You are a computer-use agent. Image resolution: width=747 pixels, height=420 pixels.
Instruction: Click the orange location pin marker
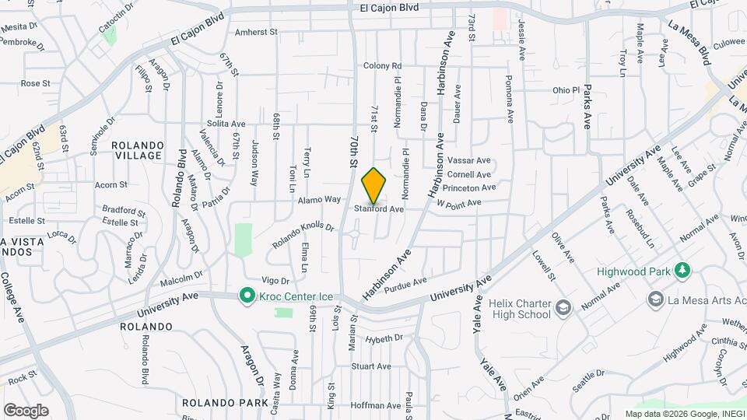click(x=374, y=185)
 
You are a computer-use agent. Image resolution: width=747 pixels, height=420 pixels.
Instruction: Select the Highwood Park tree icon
click(x=682, y=271)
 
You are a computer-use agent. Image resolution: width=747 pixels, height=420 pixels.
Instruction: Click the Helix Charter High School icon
click(x=563, y=309)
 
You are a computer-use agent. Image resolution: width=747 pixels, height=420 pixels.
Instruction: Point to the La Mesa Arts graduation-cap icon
click(x=655, y=299)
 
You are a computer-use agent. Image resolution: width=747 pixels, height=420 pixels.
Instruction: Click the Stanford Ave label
click(x=380, y=209)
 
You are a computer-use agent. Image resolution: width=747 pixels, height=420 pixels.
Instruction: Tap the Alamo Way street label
click(x=320, y=200)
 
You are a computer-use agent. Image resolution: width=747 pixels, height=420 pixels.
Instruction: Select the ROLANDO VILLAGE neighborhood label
click(x=137, y=151)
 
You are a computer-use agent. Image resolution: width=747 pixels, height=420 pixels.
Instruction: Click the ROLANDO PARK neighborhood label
click(x=214, y=404)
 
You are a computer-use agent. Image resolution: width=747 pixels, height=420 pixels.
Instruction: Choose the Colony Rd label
click(x=382, y=66)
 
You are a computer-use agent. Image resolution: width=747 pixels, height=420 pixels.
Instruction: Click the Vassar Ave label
click(x=468, y=160)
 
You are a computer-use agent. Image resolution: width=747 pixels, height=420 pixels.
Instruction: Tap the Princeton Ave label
click(x=472, y=187)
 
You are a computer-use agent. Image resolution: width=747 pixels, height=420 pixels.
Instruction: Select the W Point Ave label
click(x=459, y=203)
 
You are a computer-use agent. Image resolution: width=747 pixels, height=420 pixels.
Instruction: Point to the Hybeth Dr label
click(x=384, y=338)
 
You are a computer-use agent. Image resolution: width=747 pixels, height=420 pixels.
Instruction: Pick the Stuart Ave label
click(x=370, y=366)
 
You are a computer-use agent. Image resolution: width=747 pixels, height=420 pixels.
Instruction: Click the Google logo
click(x=26, y=410)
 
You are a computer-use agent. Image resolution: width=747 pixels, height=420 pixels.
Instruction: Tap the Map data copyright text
click(x=683, y=413)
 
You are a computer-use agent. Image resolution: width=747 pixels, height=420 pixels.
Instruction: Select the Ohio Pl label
click(x=566, y=90)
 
